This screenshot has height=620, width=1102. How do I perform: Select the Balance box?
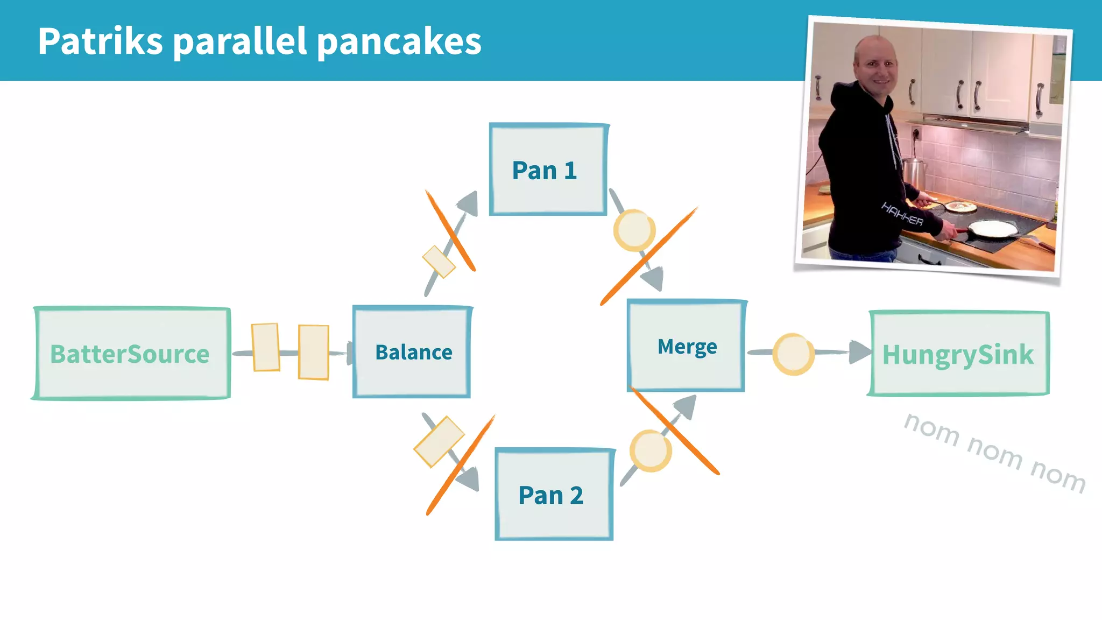(x=412, y=352)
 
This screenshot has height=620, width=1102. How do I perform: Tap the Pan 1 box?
(x=548, y=170)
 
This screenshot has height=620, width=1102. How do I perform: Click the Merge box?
(x=687, y=346)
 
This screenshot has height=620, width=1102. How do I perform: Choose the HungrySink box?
(x=958, y=354)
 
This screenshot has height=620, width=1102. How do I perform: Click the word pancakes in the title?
(x=399, y=42)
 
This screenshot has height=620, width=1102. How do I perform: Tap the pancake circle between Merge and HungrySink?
(x=793, y=354)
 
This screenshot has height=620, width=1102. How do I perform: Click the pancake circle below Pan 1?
(x=634, y=230)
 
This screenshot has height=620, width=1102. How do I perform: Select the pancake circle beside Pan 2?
(x=650, y=451)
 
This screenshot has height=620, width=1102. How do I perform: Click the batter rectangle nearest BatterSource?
(x=266, y=347)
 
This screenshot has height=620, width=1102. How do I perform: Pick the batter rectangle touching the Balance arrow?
(x=314, y=353)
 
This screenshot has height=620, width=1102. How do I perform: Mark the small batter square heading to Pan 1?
(x=439, y=262)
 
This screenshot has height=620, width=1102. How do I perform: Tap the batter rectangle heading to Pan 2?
(x=439, y=441)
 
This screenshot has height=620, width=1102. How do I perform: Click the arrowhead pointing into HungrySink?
(x=860, y=352)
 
